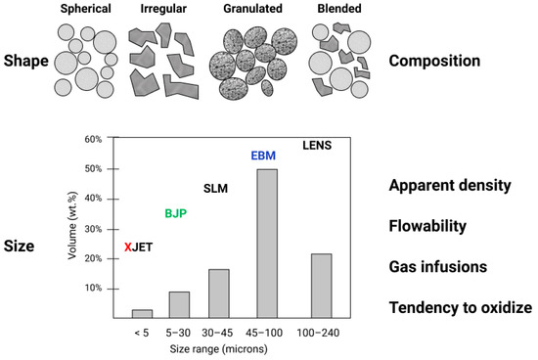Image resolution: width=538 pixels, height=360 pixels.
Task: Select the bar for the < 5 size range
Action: (142, 313)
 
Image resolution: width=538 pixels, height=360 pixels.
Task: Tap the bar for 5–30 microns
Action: (180, 304)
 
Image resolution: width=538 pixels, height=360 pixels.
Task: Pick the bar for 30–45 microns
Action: (218, 293)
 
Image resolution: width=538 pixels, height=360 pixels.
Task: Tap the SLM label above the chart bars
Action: (214, 188)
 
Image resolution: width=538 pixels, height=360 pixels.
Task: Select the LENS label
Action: (317, 146)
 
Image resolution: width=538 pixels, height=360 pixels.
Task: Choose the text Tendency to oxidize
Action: (460, 307)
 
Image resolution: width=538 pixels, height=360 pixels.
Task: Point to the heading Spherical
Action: (84, 9)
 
